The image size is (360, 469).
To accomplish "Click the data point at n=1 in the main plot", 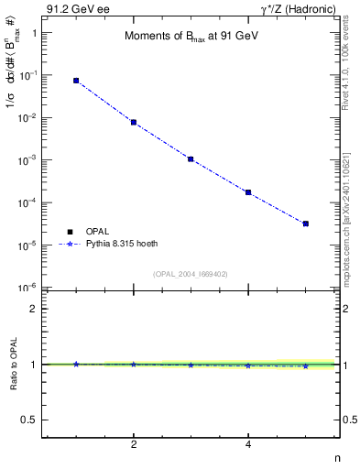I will click(76, 81).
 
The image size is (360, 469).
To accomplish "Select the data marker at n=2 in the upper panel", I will click(134, 122).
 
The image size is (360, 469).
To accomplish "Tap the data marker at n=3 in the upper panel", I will click(191, 158).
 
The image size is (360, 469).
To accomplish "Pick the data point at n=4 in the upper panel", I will click(248, 192).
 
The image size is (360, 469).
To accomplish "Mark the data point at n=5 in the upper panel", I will click(305, 224).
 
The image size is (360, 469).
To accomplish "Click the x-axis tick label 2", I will click(134, 445).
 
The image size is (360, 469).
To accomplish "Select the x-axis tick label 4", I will click(248, 445).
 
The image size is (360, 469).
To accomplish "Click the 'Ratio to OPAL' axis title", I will click(13, 365).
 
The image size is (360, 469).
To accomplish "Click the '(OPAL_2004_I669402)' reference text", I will click(190, 273).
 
